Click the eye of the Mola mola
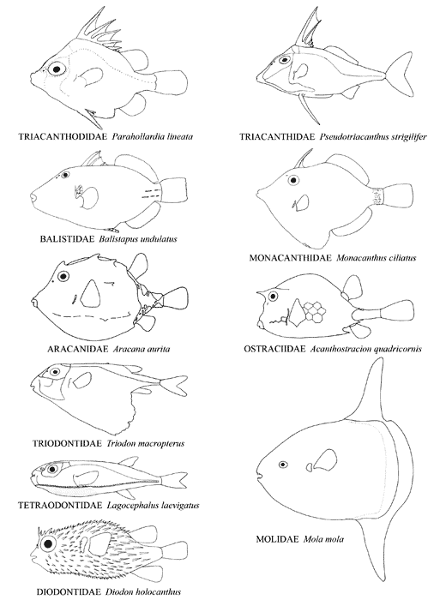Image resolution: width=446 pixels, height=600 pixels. pos(283,465)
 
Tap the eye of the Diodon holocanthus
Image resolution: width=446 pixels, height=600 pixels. pos(49,543)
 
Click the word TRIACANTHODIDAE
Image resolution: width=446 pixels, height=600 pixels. pos(63,136)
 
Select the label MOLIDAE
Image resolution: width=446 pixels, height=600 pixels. pos(277,539)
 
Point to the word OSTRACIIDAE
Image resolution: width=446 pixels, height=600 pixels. pos(274,349)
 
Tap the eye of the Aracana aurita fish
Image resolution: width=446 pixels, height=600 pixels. pos(63,276)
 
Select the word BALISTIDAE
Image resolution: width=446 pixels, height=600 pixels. pos(67,239)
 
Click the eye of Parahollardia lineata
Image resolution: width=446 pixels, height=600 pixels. pos(57,69)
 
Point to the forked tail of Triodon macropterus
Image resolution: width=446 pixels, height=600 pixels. pos(172,386)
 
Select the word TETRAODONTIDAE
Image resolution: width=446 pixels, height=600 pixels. pos(60,506)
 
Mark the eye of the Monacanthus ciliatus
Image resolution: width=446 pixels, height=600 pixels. pos(293,180)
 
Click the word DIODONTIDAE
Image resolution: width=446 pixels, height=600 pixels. pos(69,592)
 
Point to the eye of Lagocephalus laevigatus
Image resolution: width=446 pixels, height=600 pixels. pos(53,469)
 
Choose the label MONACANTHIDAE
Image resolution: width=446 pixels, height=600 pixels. pos(290,258)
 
